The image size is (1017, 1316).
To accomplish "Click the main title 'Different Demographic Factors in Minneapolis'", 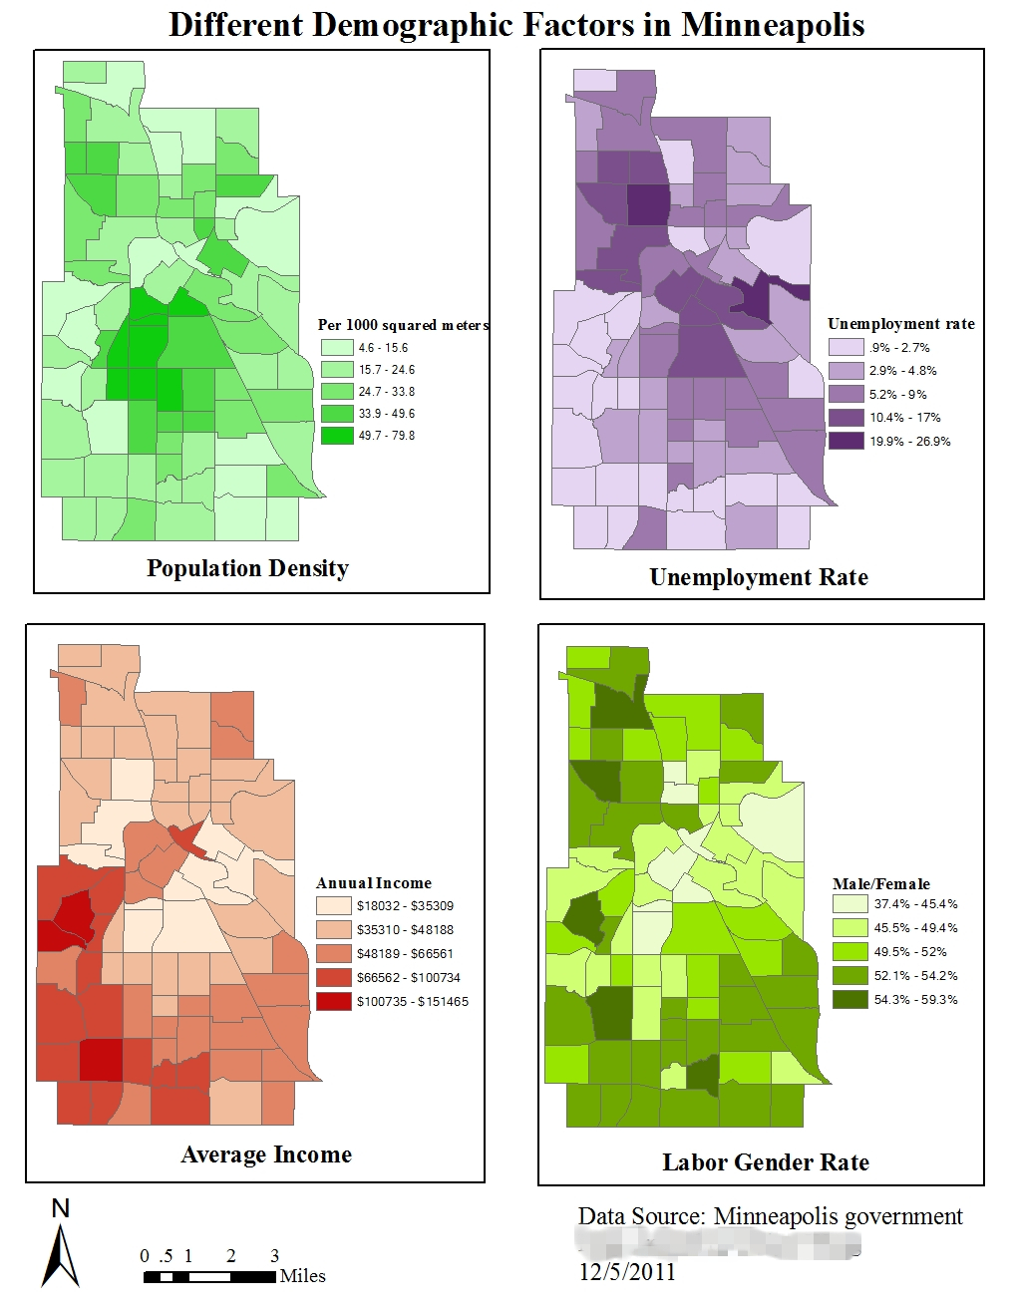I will pyautogui.click(x=516, y=24).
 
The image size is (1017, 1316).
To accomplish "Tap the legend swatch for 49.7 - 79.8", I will pyautogui.click(x=337, y=436).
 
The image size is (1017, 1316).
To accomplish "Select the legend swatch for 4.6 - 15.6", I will pyautogui.click(x=337, y=348).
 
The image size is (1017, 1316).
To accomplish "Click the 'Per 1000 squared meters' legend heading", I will pyautogui.click(x=403, y=325).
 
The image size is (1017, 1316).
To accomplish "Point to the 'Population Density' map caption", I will pyautogui.click(x=247, y=568).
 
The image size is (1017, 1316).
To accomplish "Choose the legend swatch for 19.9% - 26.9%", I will pyautogui.click(x=846, y=441).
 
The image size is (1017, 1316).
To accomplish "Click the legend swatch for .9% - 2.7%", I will pyautogui.click(x=846, y=347).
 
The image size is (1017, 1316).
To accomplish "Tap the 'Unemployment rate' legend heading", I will pyautogui.click(x=900, y=324).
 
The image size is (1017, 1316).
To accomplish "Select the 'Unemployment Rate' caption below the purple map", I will pyautogui.click(x=758, y=577).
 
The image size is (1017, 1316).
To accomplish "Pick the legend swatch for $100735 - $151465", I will pyautogui.click(x=333, y=1001).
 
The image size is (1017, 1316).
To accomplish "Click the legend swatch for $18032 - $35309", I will pyautogui.click(x=333, y=905).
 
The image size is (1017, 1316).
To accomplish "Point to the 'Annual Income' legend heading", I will pyautogui.click(x=373, y=883).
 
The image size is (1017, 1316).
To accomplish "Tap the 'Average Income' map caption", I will pyautogui.click(x=266, y=1154).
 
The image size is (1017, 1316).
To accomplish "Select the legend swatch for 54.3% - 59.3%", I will pyautogui.click(x=849, y=999).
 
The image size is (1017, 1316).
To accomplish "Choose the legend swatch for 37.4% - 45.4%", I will pyautogui.click(x=849, y=904).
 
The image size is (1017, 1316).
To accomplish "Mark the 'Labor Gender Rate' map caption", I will pyautogui.click(x=765, y=1162).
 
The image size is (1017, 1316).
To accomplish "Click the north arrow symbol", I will pyautogui.click(x=60, y=1251).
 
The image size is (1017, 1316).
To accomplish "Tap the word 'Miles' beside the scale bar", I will pyautogui.click(x=302, y=1276).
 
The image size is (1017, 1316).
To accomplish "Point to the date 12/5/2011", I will pyautogui.click(x=626, y=1272).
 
